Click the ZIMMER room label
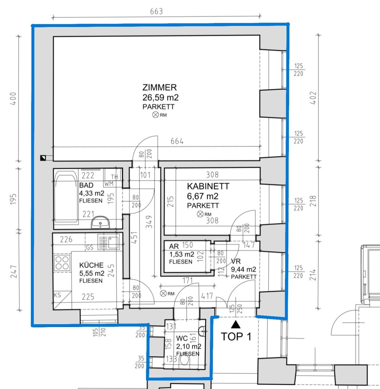(159, 87)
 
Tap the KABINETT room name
(208, 186)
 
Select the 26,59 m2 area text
(160, 98)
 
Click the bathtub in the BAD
(65, 196)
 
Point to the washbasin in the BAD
(100, 222)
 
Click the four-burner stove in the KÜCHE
(62, 263)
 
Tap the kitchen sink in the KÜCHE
(109, 242)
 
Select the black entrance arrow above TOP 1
(236, 324)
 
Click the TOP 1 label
(236, 337)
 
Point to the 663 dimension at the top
(156, 12)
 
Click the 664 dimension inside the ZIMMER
(177, 141)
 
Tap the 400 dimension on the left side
(13, 98)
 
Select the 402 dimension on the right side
(313, 98)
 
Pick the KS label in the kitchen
(58, 295)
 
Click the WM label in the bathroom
(109, 184)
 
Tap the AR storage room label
(174, 246)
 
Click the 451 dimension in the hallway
(134, 238)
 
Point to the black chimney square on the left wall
(43, 158)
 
